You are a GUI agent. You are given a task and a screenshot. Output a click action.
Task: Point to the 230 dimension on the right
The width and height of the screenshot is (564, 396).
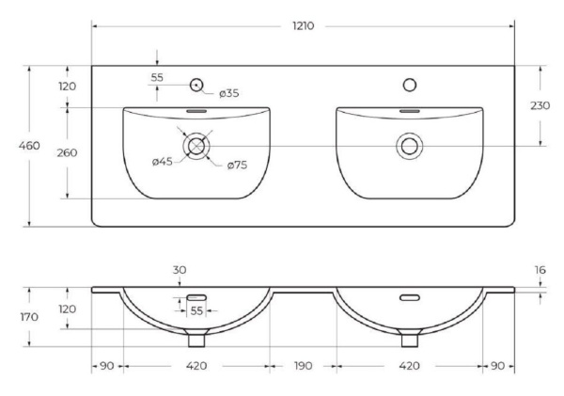[x=540, y=106]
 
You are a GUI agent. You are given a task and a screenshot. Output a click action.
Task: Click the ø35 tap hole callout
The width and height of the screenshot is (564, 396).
[x=229, y=93]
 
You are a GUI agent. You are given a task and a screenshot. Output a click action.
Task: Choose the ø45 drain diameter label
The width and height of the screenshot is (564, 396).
[x=163, y=162]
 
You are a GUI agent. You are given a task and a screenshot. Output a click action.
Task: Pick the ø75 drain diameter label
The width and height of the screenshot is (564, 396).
[x=237, y=166]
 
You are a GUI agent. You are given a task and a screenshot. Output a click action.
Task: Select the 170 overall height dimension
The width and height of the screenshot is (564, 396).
[x=17, y=317]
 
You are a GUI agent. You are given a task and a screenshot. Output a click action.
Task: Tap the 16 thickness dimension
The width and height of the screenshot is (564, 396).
[x=540, y=269]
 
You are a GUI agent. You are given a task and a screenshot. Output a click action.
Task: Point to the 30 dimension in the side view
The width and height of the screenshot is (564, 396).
[x=180, y=270]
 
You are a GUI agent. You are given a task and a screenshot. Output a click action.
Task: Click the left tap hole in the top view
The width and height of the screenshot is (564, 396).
[x=196, y=86]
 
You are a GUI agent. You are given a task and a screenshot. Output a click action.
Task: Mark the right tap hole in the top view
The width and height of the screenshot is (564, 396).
[x=409, y=86]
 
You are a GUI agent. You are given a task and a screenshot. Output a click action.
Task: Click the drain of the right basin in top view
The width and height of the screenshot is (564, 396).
[x=409, y=146]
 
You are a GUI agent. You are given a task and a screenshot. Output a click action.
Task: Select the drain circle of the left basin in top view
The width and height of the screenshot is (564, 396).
[x=196, y=146]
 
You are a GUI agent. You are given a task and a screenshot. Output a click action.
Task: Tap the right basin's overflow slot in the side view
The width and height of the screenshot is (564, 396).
[x=409, y=298]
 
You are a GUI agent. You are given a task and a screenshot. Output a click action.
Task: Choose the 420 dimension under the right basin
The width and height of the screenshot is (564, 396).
[x=409, y=366]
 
